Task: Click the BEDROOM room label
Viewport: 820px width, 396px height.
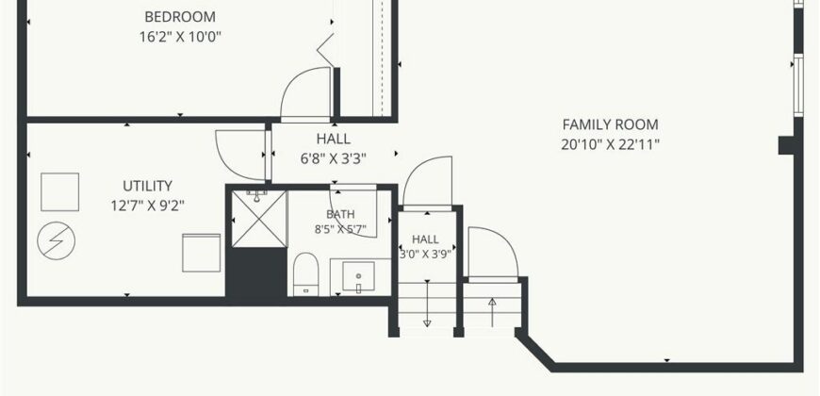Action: coord(180,17)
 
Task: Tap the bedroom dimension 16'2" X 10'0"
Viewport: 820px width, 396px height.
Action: coord(180,37)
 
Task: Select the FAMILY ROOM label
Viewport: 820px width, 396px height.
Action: coord(611,124)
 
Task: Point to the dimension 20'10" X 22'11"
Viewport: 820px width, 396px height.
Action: coord(611,144)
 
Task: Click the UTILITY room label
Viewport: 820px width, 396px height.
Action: coord(147,186)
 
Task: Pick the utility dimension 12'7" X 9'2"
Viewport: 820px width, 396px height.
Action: coord(147,206)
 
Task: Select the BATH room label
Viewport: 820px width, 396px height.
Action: coord(340,214)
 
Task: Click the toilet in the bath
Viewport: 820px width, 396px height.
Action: coord(306,274)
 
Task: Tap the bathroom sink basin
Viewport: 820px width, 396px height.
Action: coord(358,277)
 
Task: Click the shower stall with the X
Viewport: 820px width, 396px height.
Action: coord(259,219)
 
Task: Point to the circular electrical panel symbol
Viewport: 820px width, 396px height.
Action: coord(56,240)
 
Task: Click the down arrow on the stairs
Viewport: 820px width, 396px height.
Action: coord(427,304)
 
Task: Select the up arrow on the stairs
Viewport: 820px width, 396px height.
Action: coord(492,312)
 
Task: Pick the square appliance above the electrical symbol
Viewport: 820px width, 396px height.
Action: coord(59,192)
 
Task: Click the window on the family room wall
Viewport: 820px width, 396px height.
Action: coord(798,86)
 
